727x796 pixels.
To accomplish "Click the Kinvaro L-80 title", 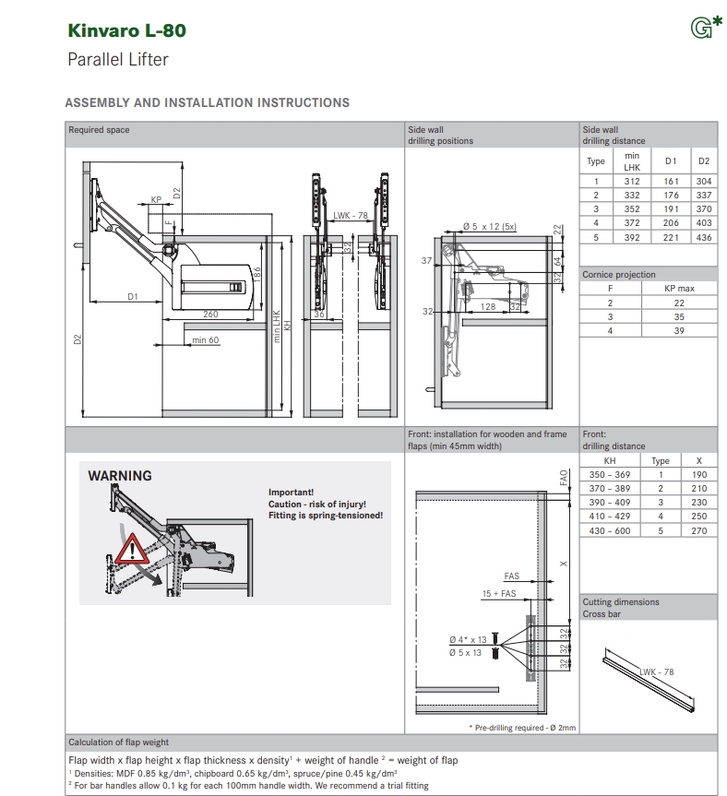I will coord(126,30).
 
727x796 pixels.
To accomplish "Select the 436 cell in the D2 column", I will coord(704,237).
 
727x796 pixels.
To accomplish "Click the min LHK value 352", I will coord(631,209).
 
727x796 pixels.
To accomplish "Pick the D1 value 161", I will coord(671,182).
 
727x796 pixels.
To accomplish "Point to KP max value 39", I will coord(679,330).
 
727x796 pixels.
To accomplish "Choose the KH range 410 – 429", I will coord(609,517).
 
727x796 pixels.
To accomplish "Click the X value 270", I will coord(698,531).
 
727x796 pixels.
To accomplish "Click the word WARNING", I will coord(120,476).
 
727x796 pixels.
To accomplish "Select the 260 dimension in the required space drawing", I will coord(210,315).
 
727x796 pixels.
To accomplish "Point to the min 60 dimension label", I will coord(206,341).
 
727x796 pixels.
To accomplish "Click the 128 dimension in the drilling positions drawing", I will coord(488,306).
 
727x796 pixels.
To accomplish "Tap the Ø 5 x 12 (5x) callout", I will coord(489,226).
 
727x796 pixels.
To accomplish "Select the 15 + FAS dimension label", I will coord(499,594).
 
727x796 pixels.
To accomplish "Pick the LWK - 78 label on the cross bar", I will coord(657,671).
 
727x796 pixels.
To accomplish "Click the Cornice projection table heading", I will coord(619,275).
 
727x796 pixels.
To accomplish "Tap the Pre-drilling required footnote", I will coord(522,728).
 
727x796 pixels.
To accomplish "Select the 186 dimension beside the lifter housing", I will coord(257,274).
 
